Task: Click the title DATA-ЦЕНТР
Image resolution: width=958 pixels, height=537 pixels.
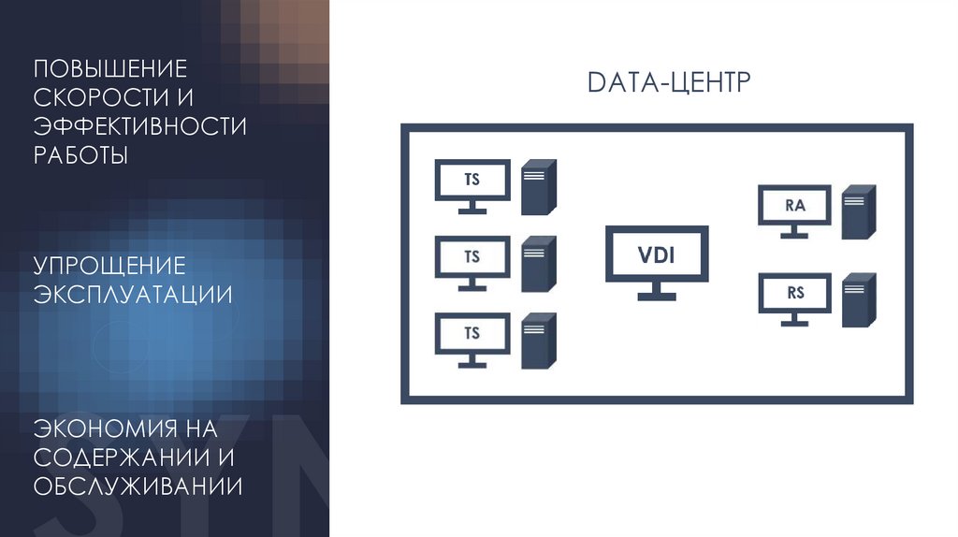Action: (x=669, y=83)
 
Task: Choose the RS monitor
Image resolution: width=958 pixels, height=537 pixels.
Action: (x=794, y=294)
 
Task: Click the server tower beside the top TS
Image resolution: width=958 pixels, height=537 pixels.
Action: (x=539, y=184)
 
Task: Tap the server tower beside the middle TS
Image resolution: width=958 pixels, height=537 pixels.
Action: (x=539, y=262)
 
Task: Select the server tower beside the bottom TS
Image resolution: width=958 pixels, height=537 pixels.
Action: (x=539, y=339)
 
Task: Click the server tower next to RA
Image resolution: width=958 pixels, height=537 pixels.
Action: (x=858, y=211)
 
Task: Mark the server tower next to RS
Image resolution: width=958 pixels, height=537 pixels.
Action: (x=858, y=299)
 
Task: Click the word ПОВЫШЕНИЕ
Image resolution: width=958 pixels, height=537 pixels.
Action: (x=111, y=68)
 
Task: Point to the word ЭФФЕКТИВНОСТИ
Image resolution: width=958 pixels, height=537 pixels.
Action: (x=140, y=125)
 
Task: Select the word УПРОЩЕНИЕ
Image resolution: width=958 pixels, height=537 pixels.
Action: (x=110, y=267)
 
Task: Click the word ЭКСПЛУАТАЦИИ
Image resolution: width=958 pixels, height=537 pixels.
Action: (x=134, y=295)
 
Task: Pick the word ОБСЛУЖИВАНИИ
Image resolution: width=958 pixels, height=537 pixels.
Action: (x=138, y=486)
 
